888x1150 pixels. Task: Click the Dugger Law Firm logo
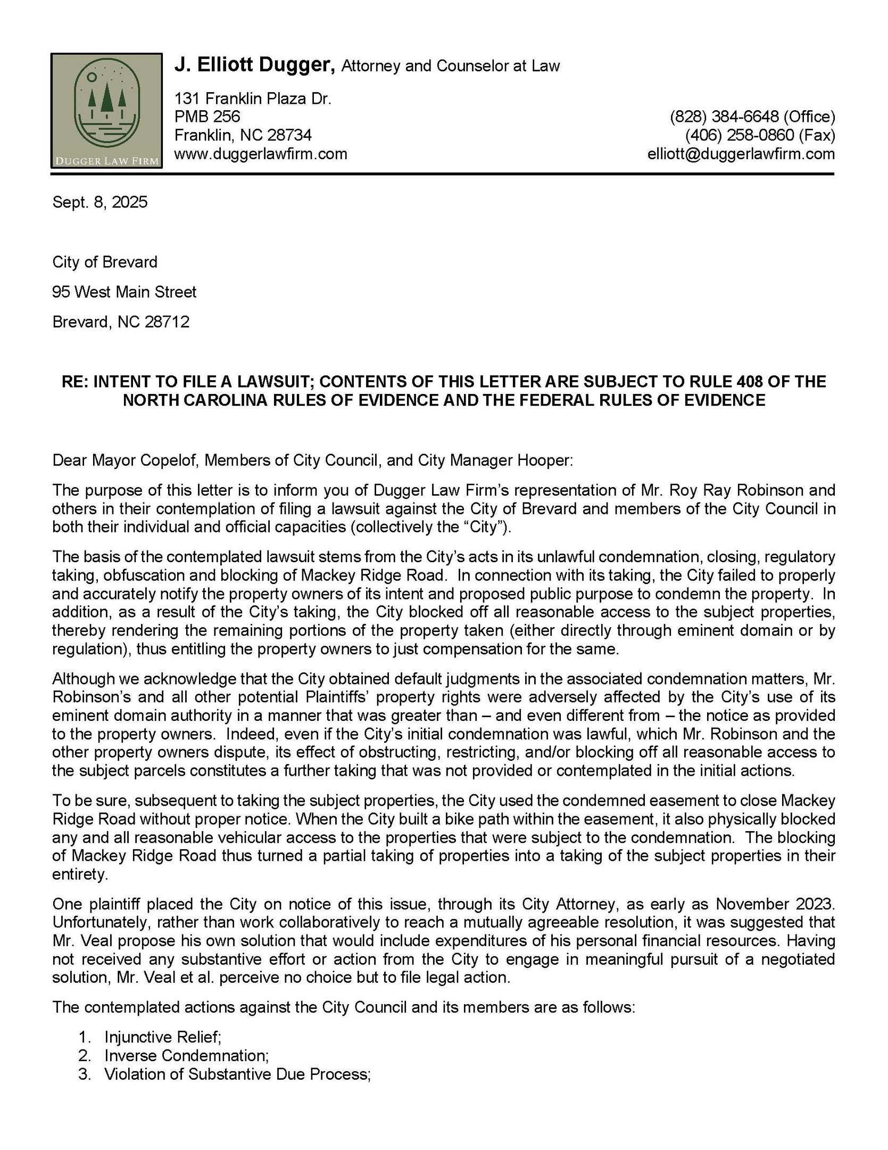click(106, 111)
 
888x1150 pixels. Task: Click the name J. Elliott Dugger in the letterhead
click(254, 65)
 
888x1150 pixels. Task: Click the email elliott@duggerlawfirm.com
click(741, 154)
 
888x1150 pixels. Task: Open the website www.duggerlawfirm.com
click(261, 154)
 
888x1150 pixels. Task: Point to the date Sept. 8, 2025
click(100, 202)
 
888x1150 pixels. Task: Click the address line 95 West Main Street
click(125, 292)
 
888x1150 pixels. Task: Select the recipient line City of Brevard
click(105, 262)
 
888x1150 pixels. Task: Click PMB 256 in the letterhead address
click(208, 117)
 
